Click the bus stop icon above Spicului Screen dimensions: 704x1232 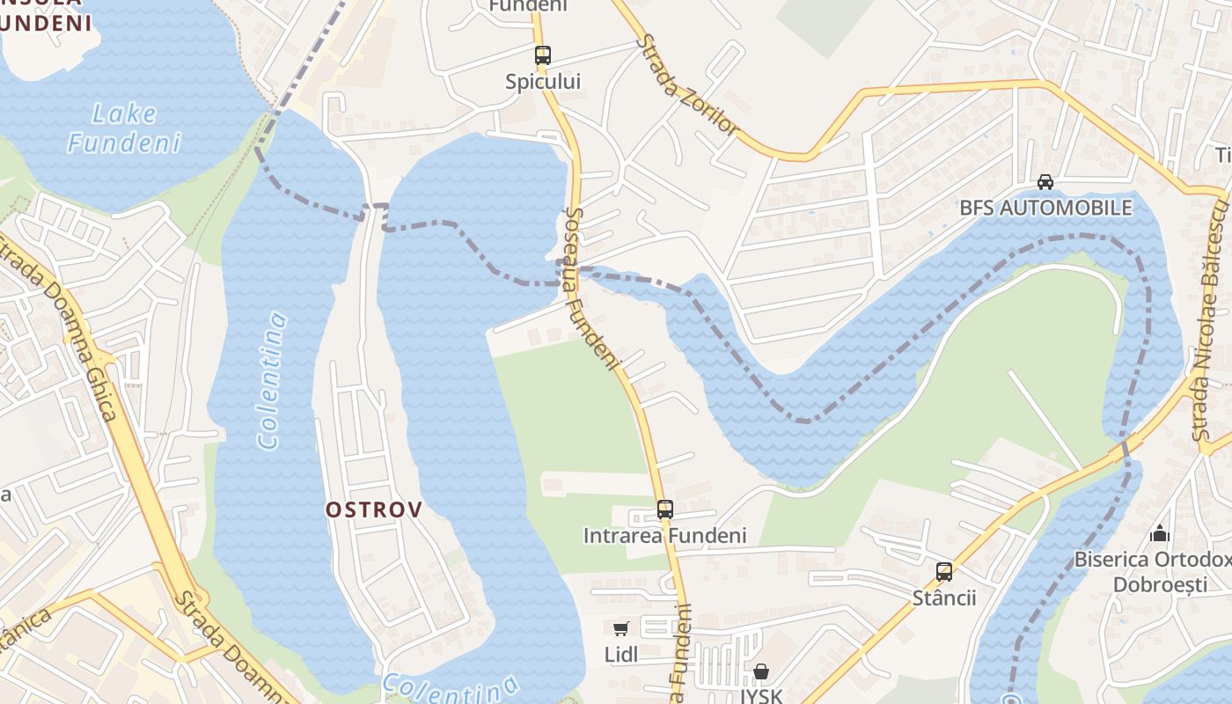[x=542, y=55]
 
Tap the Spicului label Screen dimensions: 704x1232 [x=543, y=82]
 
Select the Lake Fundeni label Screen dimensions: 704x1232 [x=124, y=128]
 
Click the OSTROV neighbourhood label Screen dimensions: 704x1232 [x=374, y=510]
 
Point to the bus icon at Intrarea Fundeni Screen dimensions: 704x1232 [x=664, y=510]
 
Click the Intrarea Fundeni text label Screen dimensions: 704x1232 [x=664, y=535]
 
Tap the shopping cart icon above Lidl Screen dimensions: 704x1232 [x=621, y=628]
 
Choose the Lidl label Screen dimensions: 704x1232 [x=621, y=654]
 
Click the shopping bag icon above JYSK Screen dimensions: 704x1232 [x=761, y=672]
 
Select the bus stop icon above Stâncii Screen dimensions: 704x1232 [x=944, y=572]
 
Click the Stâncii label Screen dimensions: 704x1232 [x=944, y=598]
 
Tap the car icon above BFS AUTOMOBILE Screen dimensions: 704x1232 [x=1045, y=182]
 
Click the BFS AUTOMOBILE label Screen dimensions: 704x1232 [x=1045, y=208]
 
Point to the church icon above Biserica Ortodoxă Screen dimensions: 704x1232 [x=1160, y=533]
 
